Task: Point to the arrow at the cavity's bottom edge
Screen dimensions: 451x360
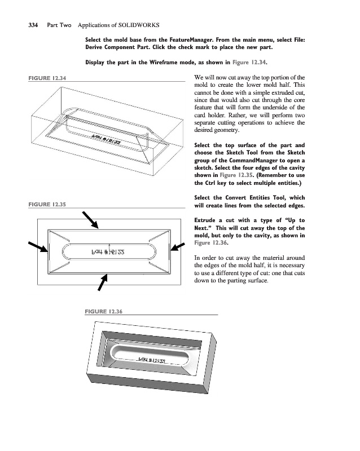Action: [x=102, y=282]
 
